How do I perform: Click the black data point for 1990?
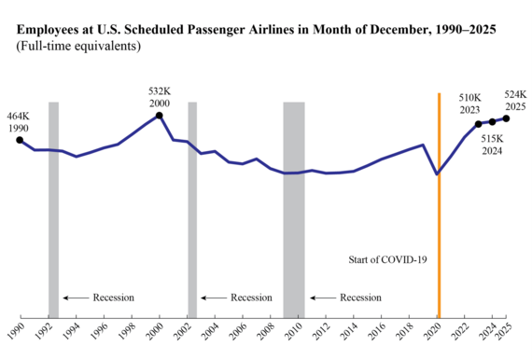(21, 140)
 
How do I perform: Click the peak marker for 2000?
(160, 116)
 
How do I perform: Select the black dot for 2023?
(479, 124)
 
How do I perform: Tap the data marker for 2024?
(493, 122)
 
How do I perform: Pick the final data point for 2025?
(507, 118)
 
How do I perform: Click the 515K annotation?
(493, 139)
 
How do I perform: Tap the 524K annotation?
(515, 94)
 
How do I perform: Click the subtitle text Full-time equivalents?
(76, 46)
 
